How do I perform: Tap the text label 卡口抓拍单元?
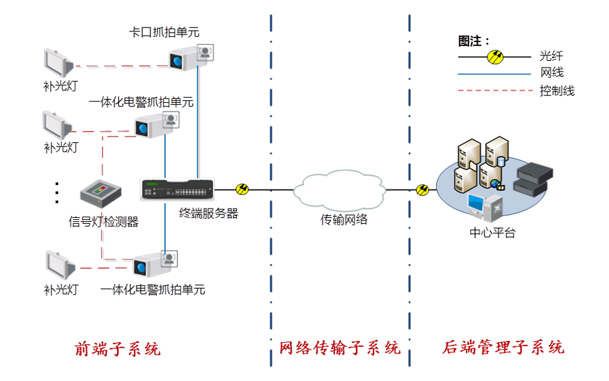tap(164, 31)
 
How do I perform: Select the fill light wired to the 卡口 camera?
tap(58, 63)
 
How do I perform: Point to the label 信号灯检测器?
tap(104, 222)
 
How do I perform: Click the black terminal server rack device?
tap(177, 190)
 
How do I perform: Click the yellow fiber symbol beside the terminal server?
tap(242, 190)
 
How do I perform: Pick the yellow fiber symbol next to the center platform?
tap(422, 190)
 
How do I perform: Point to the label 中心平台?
tap(493, 233)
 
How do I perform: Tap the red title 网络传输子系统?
tap(340, 348)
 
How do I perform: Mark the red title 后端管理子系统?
tap(503, 348)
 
